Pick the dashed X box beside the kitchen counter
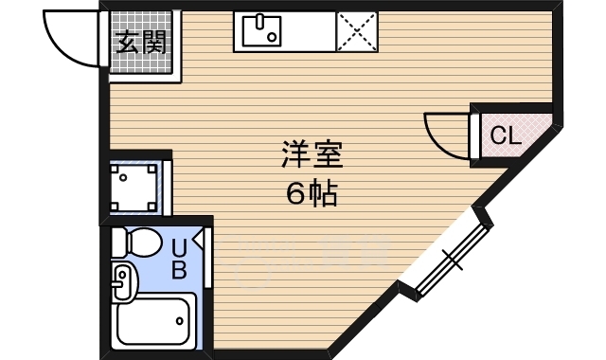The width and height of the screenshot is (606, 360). [356, 33]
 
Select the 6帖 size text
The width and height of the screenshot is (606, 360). [311, 193]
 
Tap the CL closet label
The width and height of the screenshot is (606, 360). [505, 135]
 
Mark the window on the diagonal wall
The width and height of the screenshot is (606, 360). [445, 255]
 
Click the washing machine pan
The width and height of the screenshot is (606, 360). [134, 187]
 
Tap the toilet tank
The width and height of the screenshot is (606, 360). [117, 243]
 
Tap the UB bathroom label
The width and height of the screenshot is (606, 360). [178, 258]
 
